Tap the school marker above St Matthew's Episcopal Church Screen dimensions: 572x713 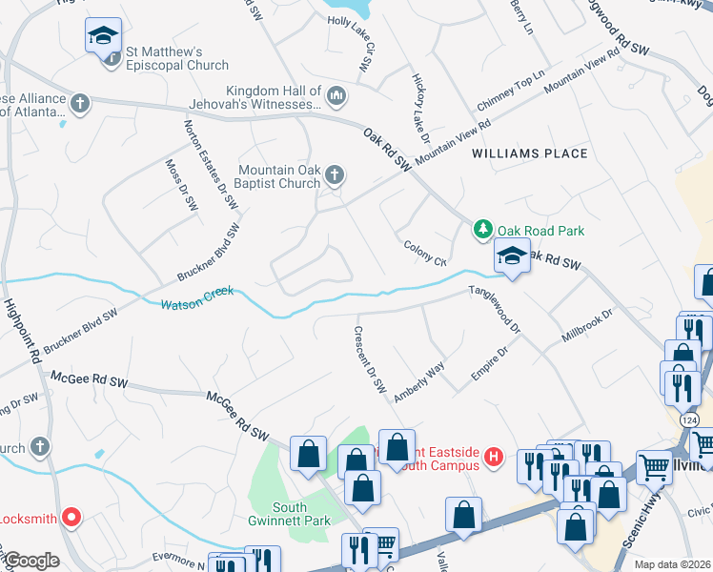(x=103, y=37)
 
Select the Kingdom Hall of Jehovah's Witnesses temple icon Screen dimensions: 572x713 (x=336, y=95)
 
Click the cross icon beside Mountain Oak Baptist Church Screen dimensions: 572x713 (x=334, y=174)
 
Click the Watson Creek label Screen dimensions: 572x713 (x=196, y=305)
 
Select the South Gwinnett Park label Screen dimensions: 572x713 (x=302, y=515)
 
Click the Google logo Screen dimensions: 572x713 (x=31, y=561)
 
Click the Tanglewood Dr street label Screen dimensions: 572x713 (x=495, y=309)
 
